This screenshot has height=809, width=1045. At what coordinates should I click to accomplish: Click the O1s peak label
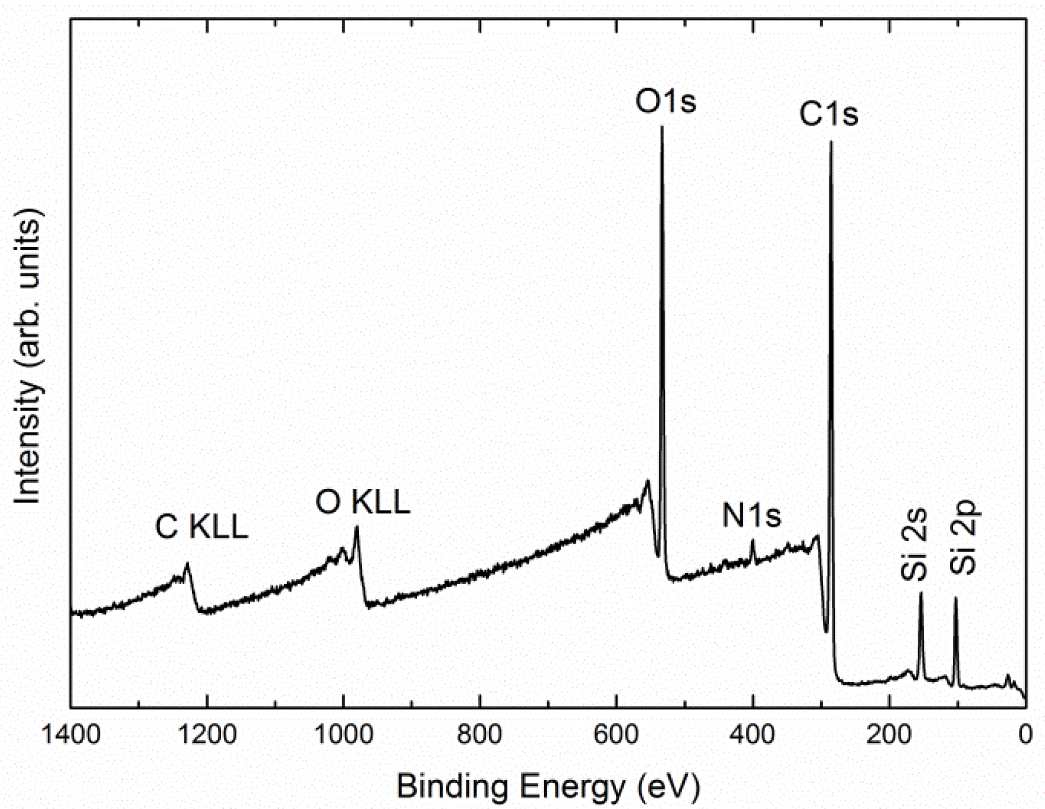[665, 103]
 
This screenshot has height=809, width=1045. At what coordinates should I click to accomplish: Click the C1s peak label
[828, 114]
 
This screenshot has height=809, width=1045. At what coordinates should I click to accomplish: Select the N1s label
[751, 515]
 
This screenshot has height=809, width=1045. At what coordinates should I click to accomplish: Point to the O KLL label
[362, 503]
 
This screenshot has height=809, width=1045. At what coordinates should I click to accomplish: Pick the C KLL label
[201, 527]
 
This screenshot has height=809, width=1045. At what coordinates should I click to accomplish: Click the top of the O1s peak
[662, 128]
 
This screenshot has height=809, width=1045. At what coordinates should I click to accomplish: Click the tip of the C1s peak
[831, 142]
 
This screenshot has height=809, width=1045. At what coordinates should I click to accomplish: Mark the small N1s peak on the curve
[753, 541]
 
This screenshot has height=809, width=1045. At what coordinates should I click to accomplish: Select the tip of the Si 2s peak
[921, 593]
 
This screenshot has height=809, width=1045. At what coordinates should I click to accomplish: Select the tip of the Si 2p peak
[955, 598]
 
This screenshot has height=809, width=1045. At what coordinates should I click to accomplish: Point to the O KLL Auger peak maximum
[356, 527]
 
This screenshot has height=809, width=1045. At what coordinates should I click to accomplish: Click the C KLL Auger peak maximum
[188, 564]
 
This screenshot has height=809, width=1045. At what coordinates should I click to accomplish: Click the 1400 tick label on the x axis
[71, 735]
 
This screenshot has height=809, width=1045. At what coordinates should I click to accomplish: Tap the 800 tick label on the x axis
[479, 735]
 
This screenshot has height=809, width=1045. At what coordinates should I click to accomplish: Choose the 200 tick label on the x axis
[889, 735]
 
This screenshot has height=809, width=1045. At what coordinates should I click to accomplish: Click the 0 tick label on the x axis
[1025, 735]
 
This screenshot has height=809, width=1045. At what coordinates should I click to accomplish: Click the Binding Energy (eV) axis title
[548, 786]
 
